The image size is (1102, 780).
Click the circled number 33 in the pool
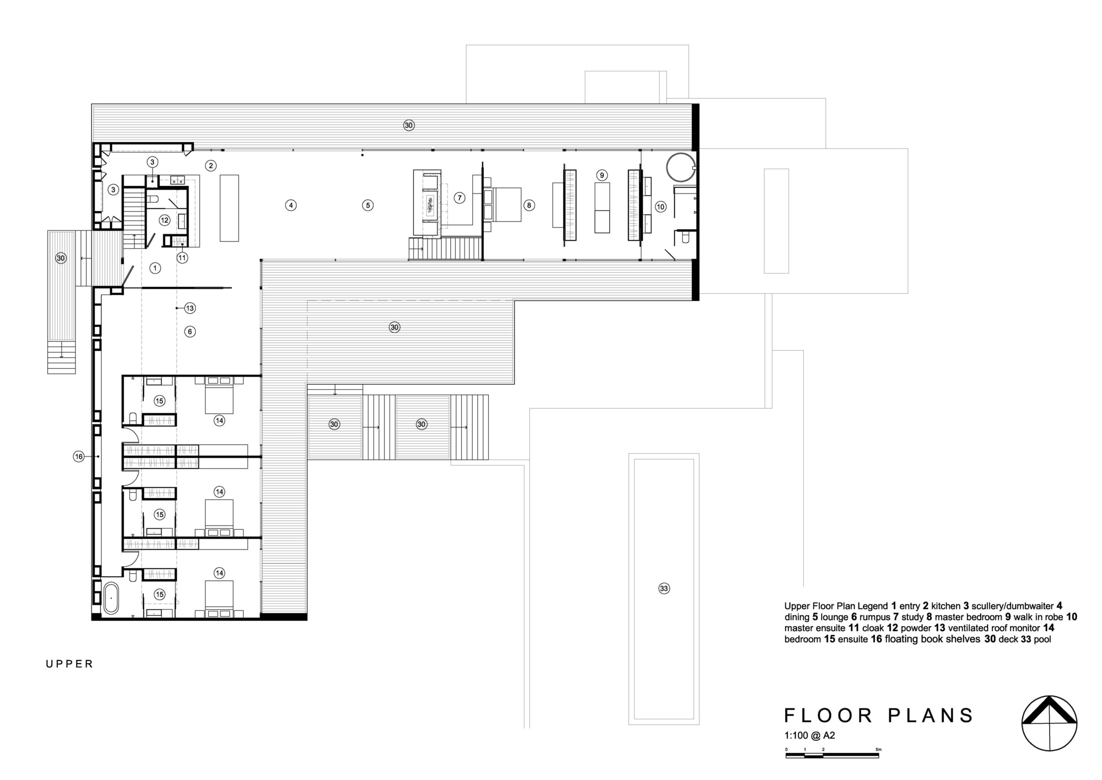point(664,589)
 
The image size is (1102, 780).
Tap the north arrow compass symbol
point(1049,723)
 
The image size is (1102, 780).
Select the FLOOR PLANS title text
point(878,716)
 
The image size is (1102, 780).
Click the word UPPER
point(69,664)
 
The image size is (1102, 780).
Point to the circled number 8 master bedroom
point(528,205)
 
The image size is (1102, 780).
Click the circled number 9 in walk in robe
point(602,175)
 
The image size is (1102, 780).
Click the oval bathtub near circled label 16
point(111,598)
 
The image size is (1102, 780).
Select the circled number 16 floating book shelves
point(79,456)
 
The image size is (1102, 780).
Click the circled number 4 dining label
point(291,205)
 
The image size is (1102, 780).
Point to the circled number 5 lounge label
point(368,205)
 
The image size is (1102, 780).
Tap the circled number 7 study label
point(460,197)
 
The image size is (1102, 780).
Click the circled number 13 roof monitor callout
point(190,308)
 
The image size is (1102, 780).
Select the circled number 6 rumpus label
point(190,332)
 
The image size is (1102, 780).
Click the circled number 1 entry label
point(155,268)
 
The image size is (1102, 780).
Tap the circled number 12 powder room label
point(164,220)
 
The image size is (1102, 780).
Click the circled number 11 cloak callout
point(182,257)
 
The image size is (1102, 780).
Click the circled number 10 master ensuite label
point(661,207)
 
